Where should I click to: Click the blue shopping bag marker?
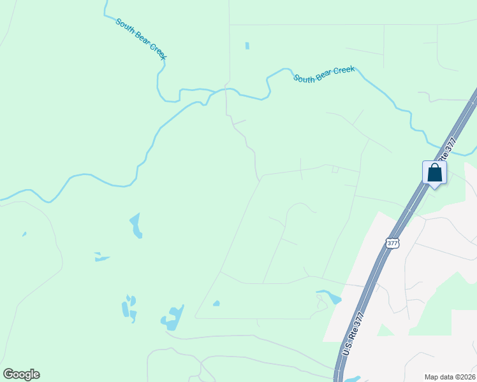[434, 173]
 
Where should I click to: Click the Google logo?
[21, 374]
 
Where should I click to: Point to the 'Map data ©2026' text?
[449, 377]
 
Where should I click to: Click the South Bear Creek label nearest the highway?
[324, 74]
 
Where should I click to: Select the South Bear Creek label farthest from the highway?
[141, 39]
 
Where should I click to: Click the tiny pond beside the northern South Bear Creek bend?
[247, 46]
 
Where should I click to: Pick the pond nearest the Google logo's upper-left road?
[24, 234]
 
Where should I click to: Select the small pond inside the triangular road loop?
[216, 303]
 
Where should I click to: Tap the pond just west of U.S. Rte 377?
[329, 296]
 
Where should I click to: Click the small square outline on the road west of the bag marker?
[335, 169]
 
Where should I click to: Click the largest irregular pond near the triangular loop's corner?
[173, 318]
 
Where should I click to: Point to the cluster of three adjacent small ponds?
[129, 308]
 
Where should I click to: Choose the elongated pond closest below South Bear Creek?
[136, 225]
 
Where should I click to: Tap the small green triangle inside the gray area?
[383, 330]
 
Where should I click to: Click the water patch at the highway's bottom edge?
[353, 379]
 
